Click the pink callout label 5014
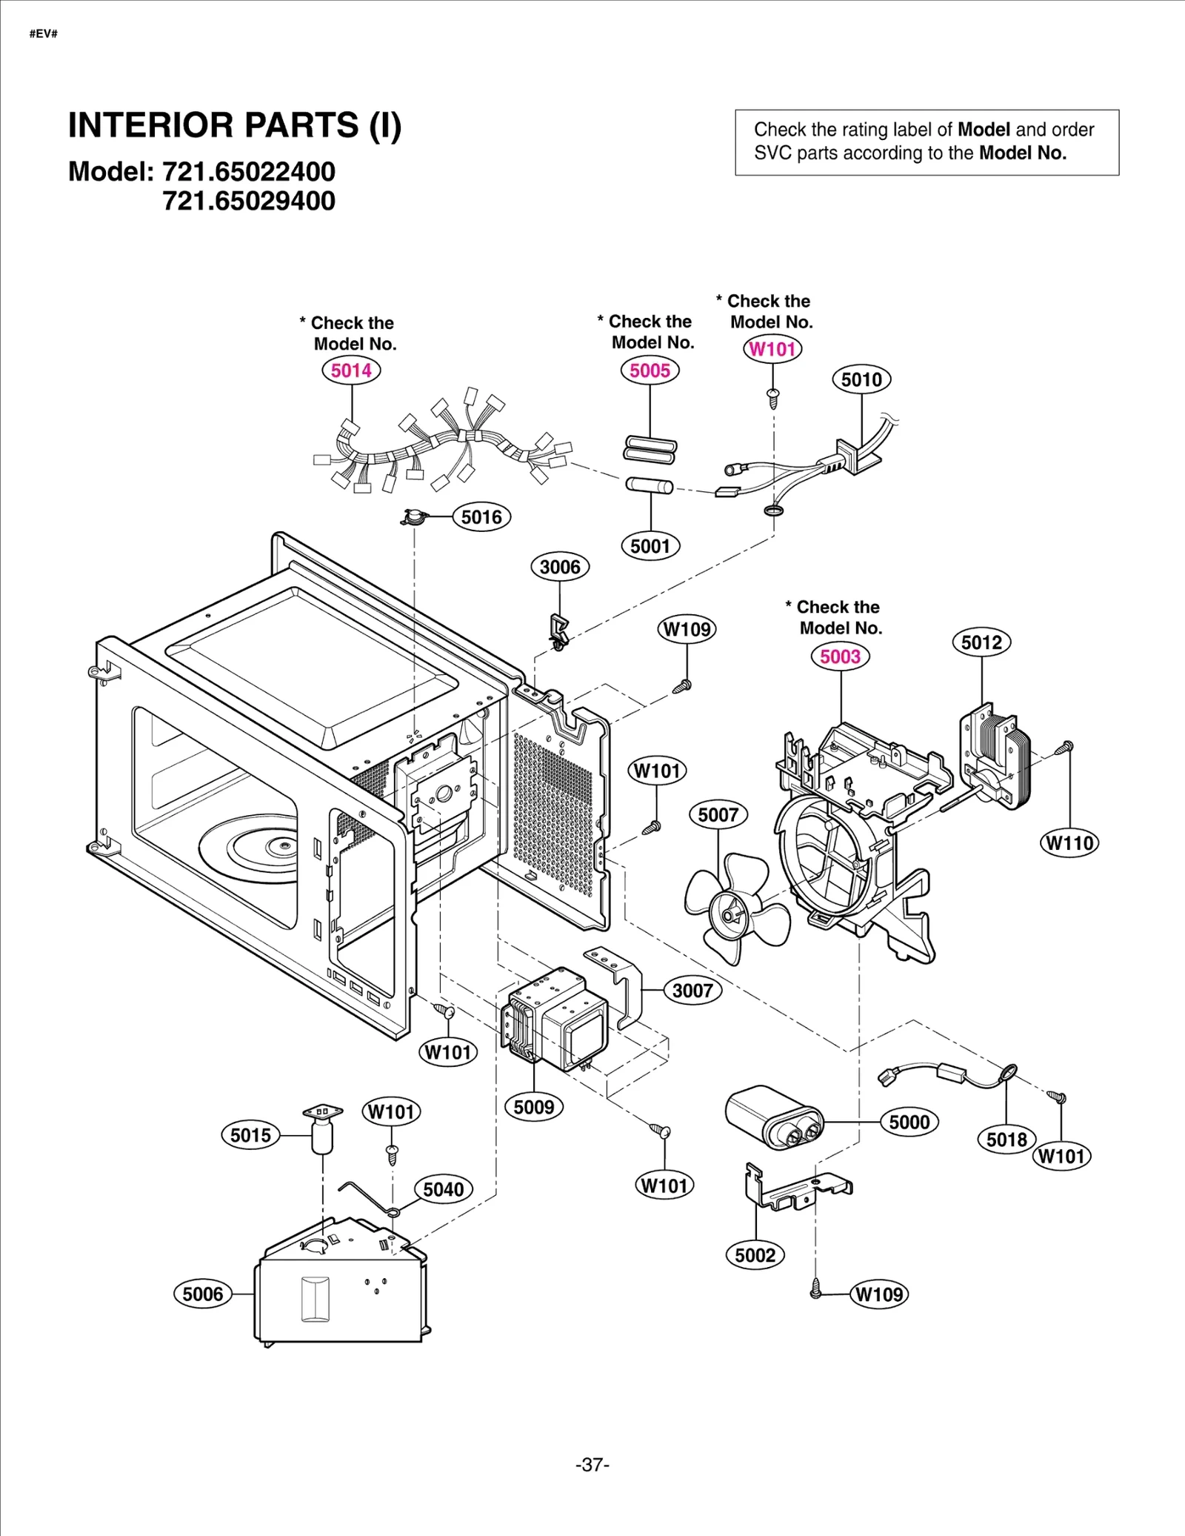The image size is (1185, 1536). coord(351,370)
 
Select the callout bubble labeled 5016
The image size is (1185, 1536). coord(481,517)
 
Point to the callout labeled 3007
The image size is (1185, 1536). coord(692,991)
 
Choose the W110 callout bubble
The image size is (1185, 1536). coord(1069,843)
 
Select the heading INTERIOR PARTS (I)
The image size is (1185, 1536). coord(235,125)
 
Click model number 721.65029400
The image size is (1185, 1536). coord(249,201)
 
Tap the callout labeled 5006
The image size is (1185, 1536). coord(202,1294)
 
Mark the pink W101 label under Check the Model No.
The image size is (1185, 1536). coord(772,349)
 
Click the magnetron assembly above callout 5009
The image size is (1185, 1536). coord(555,1019)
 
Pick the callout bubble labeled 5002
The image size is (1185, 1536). coord(755,1255)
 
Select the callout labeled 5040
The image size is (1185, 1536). coord(443,1190)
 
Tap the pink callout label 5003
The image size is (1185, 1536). coord(840,656)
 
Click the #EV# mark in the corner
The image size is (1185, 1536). coord(44,34)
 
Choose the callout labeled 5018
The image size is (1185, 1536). coord(1007,1140)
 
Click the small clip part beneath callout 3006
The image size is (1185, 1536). coord(558,630)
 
